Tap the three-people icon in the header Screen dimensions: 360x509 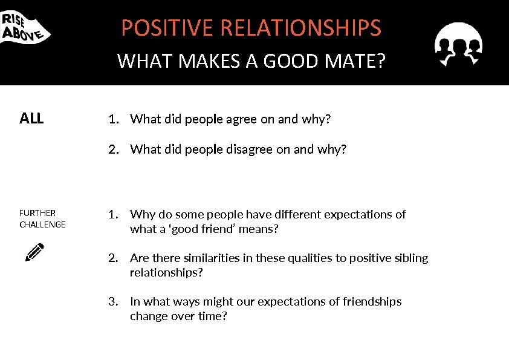click(458, 44)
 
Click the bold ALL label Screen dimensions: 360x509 click(31, 119)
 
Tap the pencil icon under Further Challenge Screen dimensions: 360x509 click(34, 252)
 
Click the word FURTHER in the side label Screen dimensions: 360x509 click(37, 213)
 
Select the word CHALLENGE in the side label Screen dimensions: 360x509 click(42, 224)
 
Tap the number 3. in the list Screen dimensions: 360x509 click(112, 301)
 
